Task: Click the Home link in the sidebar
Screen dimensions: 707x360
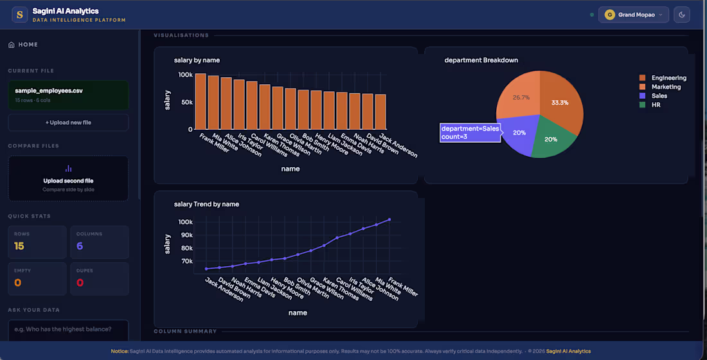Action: (x=23, y=44)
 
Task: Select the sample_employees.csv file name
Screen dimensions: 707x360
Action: (x=49, y=91)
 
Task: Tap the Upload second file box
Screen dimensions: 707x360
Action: (x=68, y=178)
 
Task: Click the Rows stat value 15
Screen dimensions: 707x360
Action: (x=19, y=246)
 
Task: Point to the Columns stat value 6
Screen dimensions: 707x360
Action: (x=80, y=246)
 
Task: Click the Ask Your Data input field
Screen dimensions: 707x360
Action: (x=68, y=330)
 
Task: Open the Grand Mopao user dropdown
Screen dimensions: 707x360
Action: (x=634, y=15)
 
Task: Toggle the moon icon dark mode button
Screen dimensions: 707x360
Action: (x=682, y=15)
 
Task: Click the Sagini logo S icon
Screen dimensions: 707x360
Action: (x=19, y=15)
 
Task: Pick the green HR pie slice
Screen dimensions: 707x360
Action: (x=552, y=138)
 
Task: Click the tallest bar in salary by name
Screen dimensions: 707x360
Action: (x=201, y=102)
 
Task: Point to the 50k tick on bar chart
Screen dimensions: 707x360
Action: (x=187, y=102)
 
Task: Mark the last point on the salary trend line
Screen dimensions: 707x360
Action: (x=389, y=220)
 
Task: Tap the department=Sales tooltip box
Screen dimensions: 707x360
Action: (x=470, y=132)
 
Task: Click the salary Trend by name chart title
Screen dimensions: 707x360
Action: (x=206, y=204)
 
